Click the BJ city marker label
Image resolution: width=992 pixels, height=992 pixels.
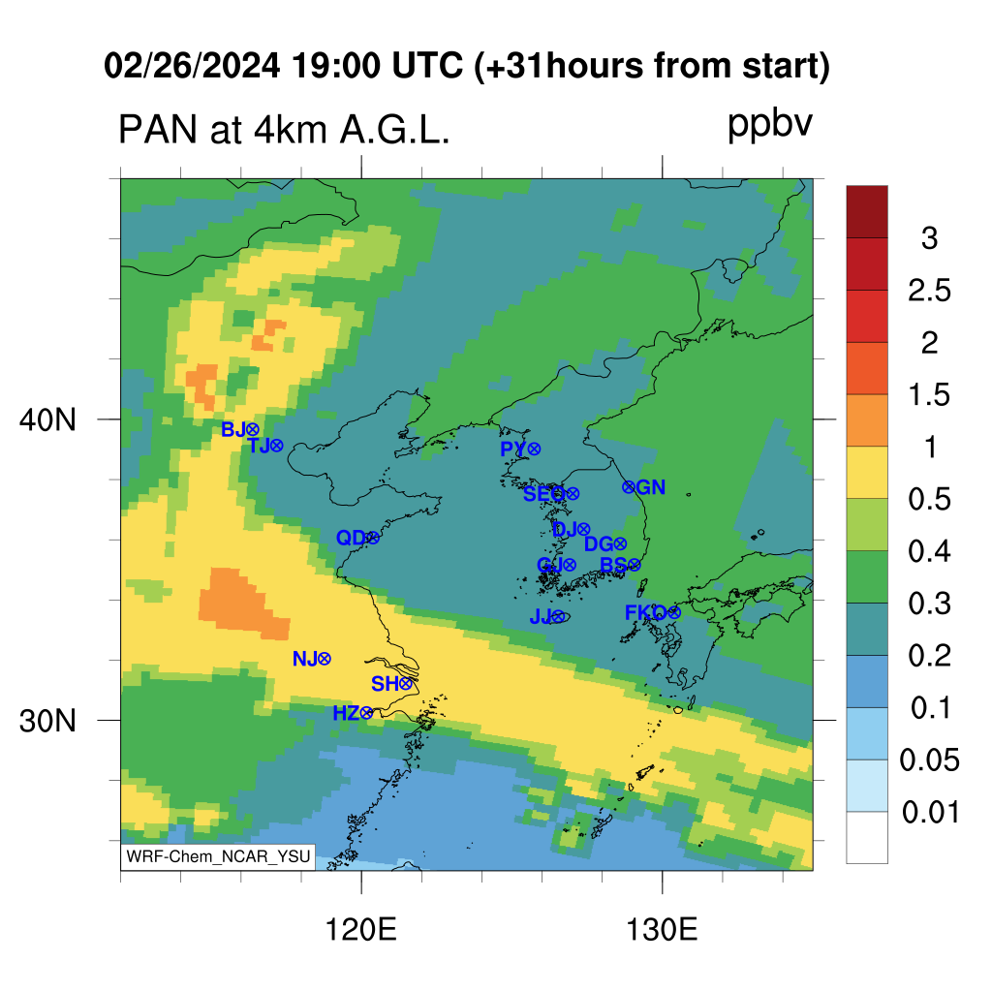click(x=233, y=429)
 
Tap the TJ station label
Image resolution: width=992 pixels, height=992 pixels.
click(x=259, y=446)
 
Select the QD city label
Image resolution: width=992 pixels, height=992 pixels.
click(x=351, y=538)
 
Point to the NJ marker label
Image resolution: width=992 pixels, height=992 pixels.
click(x=305, y=659)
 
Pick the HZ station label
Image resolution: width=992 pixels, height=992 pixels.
click(x=346, y=714)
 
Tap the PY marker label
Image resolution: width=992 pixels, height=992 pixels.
click(x=513, y=449)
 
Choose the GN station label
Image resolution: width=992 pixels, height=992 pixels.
click(x=651, y=487)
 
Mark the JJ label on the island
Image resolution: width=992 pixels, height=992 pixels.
click(x=541, y=616)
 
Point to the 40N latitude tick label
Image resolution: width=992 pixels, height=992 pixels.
click(x=47, y=419)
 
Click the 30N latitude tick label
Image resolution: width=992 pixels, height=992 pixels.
click(x=47, y=721)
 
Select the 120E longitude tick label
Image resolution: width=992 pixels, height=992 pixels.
click(x=361, y=930)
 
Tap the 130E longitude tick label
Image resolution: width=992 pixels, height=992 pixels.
click(x=662, y=930)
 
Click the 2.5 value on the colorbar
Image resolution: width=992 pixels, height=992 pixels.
click(x=929, y=291)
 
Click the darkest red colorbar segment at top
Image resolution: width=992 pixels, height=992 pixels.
click(x=867, y=211)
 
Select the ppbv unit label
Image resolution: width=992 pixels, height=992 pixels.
click(x=770, y=125)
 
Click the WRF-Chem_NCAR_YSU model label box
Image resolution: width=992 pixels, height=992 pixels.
click(x=218, y=856)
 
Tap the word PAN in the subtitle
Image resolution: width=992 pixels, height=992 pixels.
click(x=158, y=130)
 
